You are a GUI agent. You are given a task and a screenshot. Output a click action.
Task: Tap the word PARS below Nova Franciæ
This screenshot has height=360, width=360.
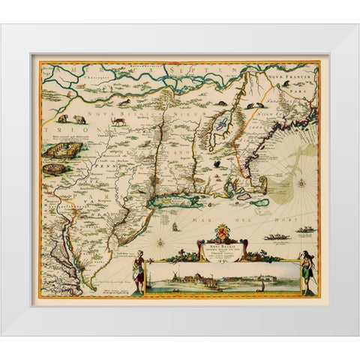coord(301,86)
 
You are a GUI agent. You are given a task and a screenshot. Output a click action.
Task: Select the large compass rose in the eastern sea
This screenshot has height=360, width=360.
coord(300,181)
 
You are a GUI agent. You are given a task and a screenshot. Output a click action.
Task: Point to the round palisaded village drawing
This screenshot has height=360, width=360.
coord(53,169)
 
